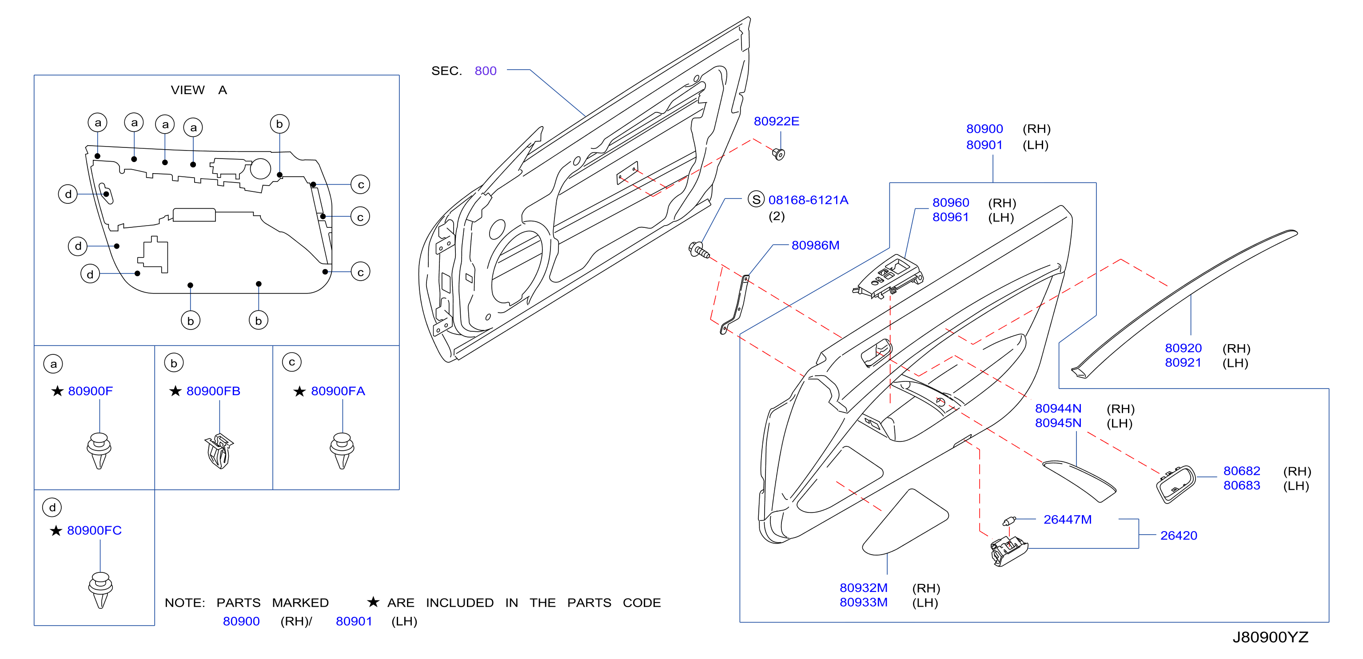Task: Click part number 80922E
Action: pyautogui.click(x=776, y=121)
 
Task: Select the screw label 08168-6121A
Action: pyautogui.click(x=808, y=200)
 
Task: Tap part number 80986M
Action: pyautogui.click(x=815, y=246)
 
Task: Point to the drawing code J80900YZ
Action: pyautogui.click(x=1271, y=637)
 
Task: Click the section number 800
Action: pyautogui.click(x=485, y=71)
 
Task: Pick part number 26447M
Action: pyautogui.click(x=1067, y=520)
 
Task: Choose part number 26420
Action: pyautogui.click(x=1178, y=535)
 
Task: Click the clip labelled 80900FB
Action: pyautogui.click(x=219, y=451)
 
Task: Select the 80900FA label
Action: pyautogui.click(x=338, y=391)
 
